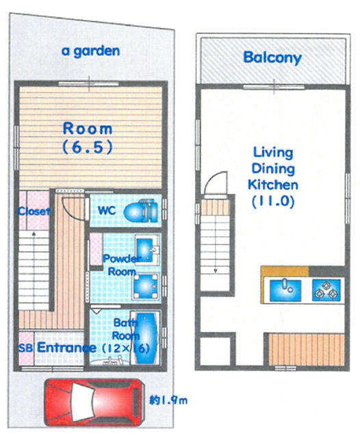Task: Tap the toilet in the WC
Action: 141,211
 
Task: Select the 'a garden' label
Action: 91,51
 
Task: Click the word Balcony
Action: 272,57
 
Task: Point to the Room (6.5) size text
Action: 88,147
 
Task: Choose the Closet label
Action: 34,211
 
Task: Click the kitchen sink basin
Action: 285,290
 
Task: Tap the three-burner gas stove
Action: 326,290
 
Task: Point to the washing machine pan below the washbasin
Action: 146,287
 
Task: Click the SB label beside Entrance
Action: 25,348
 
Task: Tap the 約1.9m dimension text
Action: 168,400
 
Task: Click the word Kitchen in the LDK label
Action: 273,185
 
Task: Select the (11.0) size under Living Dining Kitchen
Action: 273,201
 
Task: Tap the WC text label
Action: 107,210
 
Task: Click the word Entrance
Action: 66,348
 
